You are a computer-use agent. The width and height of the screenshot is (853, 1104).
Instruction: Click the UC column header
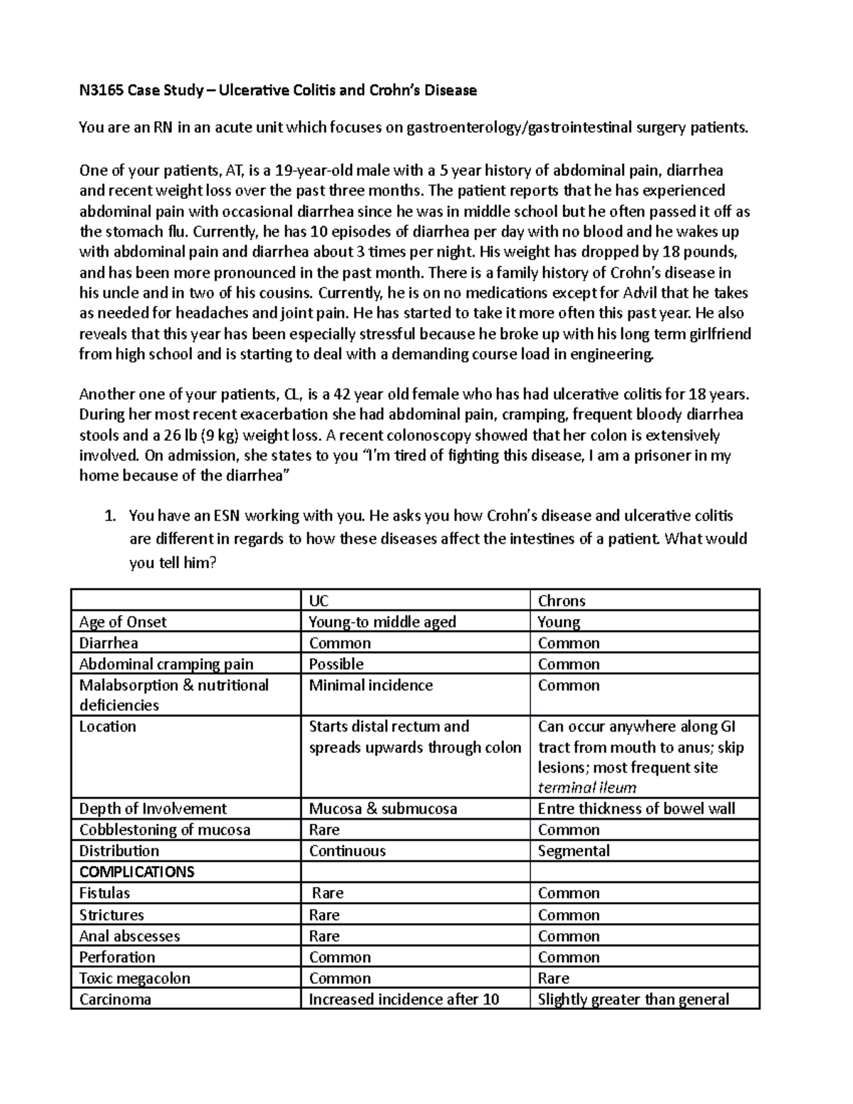tap(318, 601)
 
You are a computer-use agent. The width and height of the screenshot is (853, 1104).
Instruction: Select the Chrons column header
tap(562, 601)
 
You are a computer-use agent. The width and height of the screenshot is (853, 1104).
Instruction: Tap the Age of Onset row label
tap(122, 622)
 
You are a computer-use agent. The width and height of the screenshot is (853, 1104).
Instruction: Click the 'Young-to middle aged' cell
tap(382, 622)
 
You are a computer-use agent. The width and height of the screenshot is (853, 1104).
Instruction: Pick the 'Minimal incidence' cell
tap(370, 685)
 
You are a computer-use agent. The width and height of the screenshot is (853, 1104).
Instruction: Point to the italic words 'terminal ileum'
tap(587, 788)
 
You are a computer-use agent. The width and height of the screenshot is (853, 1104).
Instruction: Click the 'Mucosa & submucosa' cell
tap(383, 809)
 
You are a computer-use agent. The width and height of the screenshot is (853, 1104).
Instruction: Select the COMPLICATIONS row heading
tap(136, 872)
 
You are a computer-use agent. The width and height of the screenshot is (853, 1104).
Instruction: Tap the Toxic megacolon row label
tap(134, 978)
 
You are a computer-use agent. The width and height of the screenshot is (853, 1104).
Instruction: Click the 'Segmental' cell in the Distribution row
tap(574, 851)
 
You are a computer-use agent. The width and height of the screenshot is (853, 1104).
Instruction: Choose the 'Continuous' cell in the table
tap(348, 851)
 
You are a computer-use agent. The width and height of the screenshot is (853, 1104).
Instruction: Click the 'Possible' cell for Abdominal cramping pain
tap(336, 664)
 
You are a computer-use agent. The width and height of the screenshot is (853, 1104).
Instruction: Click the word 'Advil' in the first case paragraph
tap(641, 293)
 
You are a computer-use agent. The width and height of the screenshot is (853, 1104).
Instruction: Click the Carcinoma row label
tap(115, 1000)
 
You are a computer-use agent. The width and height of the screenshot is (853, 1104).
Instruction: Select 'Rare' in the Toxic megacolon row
tap(554, 978)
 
